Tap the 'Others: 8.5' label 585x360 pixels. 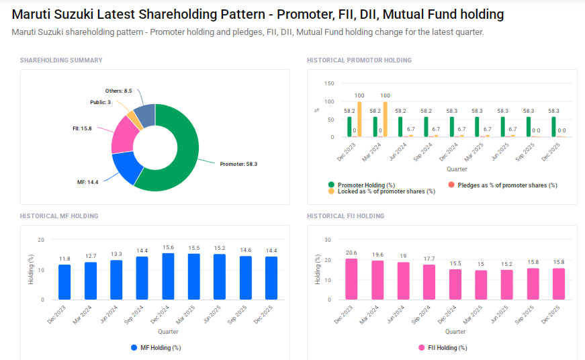click(x=118, y=91)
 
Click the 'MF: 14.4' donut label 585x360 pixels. click(x=87, y=182)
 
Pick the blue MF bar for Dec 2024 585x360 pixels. click(x=168, y=276)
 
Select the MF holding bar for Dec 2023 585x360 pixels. click(x=64, y=282)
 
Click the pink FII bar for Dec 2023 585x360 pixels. click(x=351, y=279)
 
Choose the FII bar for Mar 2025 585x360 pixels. click(x=480, y=285)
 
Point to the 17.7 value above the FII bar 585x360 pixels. click(x=429, y=259)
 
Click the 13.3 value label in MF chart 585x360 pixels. click(x=116, y=254)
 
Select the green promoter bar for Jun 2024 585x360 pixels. click(x=400, y=127)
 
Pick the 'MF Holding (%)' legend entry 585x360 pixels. click(x=155, y=348)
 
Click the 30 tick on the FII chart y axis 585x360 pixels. click(x=328, y=239)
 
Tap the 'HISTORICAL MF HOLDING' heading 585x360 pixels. click(x=59, y=216)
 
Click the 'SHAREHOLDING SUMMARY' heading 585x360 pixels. click(x=61, y=60)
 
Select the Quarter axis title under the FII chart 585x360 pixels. click(x=455, y=332)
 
